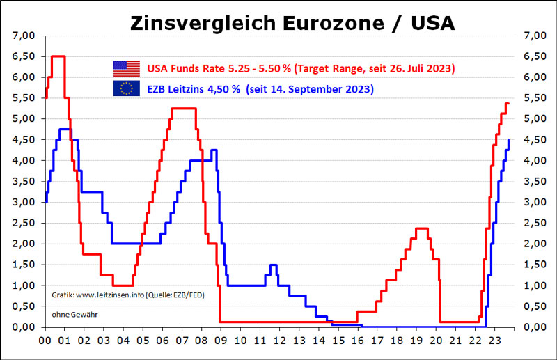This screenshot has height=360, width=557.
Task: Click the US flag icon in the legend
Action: tap(126, 68)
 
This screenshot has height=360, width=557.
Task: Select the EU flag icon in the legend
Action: tap(126, 88)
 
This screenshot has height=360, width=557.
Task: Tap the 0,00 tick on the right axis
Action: tap(524, 327)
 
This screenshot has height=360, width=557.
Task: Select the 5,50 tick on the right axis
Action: tap(524, 97)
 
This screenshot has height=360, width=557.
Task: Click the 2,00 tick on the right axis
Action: tap(524, 244)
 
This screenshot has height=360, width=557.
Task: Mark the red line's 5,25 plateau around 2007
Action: tap(183, 109)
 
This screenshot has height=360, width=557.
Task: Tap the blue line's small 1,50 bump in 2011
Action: tap(273, 265)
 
